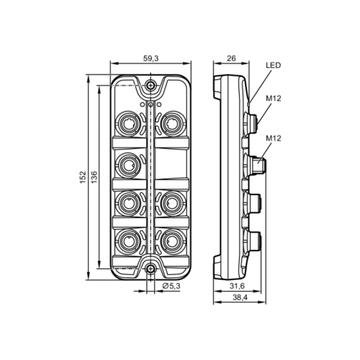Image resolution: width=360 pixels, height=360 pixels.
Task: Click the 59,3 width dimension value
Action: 151,58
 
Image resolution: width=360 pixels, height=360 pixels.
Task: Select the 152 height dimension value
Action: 83,177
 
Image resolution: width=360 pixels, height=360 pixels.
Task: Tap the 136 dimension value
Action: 94,177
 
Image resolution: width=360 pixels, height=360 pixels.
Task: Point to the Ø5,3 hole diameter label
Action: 171,286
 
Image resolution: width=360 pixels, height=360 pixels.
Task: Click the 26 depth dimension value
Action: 231,58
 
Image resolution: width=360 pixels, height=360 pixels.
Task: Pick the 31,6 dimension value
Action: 237,286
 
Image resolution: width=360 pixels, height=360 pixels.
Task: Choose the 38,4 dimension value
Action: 240,297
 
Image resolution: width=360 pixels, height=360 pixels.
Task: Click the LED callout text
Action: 273,66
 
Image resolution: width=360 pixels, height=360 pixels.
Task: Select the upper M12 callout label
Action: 273,99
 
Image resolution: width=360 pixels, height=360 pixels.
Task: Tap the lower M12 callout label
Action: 273,138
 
